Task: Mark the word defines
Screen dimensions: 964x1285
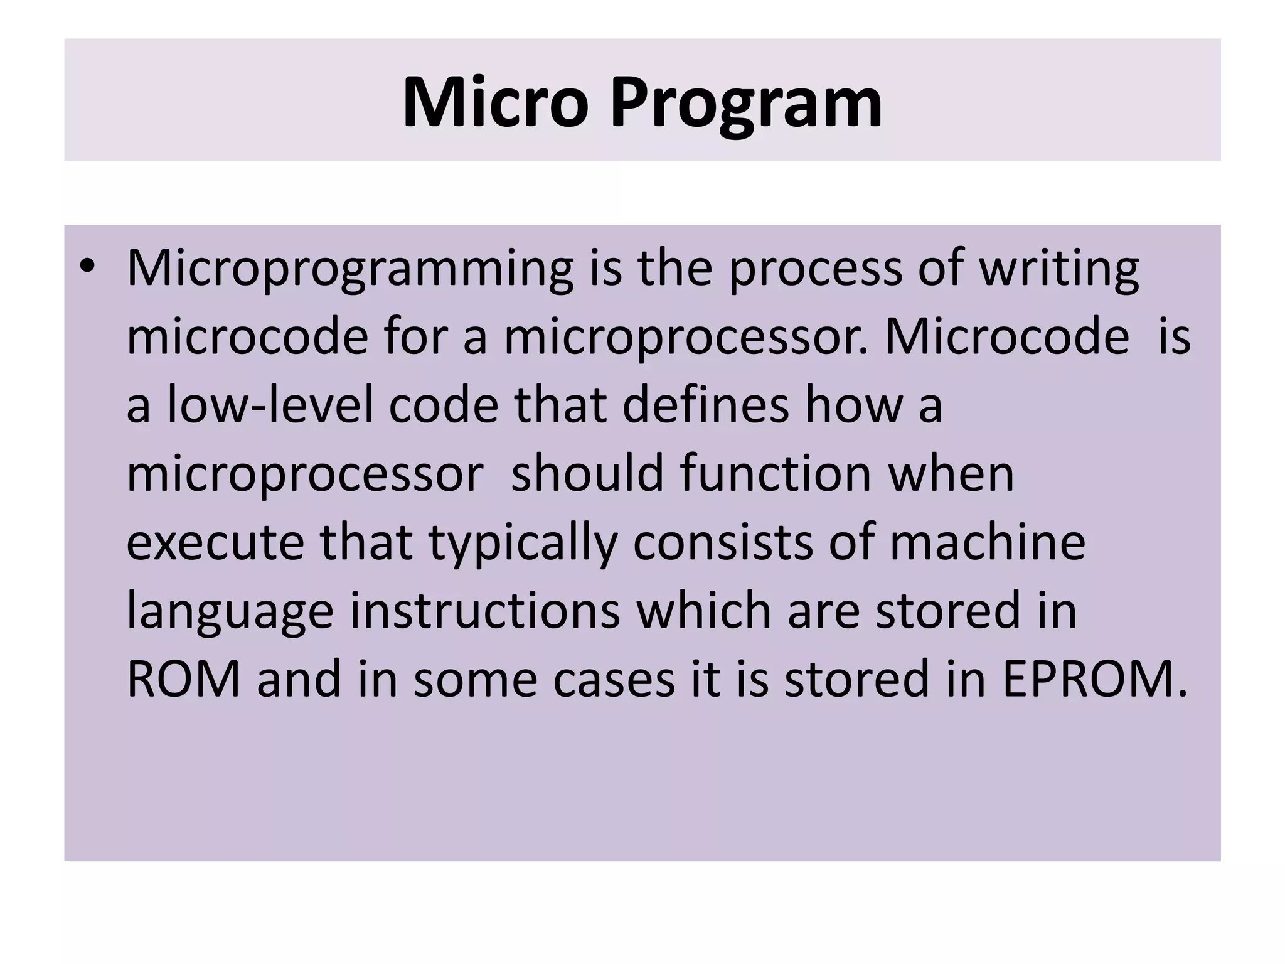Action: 706,405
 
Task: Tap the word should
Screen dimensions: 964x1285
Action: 587,473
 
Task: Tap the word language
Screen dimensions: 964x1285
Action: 230,612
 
